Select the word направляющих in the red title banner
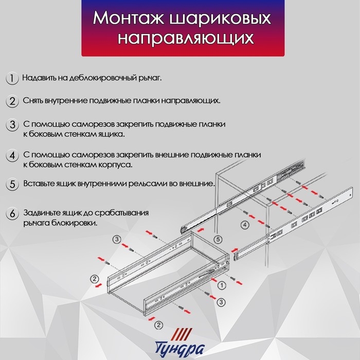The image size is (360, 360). point(180,39)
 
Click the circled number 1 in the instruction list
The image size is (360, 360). point(11,78)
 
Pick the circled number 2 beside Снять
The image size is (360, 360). point(11,101)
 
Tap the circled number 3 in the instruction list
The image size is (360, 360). point(11,125)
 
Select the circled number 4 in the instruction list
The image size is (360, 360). point(11,156)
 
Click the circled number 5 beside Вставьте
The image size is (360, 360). point(11,184)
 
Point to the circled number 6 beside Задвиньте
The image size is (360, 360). point(11,213)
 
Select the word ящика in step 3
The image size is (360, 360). point(112,135)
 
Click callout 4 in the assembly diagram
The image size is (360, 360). point(245,225)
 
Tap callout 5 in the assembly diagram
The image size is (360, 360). point(218,239)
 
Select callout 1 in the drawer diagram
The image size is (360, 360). point(221,284)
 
